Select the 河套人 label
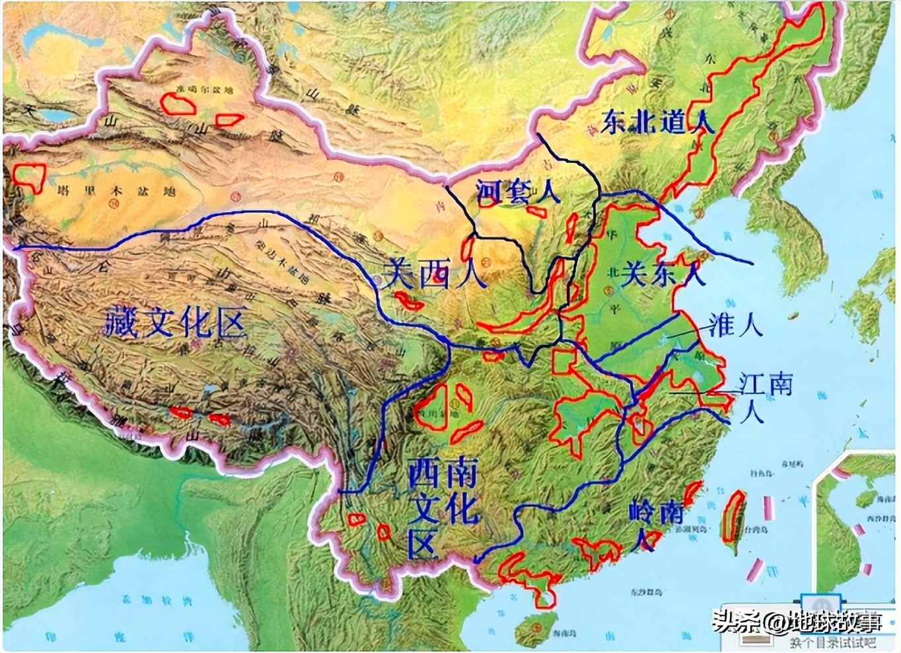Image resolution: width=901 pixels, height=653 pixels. (519, 192)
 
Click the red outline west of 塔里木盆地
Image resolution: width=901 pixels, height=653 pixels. (29, 176)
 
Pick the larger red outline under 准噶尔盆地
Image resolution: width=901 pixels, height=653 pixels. (179, 103)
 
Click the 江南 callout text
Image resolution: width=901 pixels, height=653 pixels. (765, 384)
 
